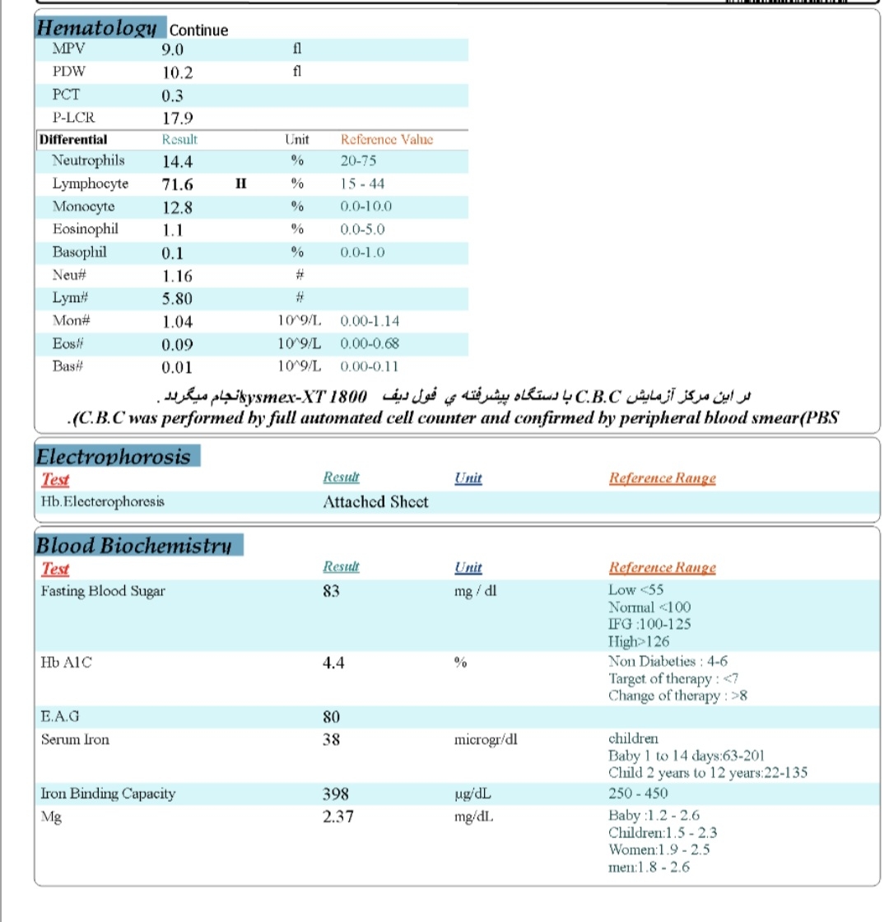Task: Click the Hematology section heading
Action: pyautogui.click(x=96, y=28)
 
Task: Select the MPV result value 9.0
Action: pyautogui.click(x=173, y=49)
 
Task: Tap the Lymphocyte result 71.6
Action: pyautogui.click(x=178, y=184)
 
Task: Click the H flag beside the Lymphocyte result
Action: pyautogui.click(x=241, y=184)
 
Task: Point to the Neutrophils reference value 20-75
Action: pyautogui.click(x=359, y=161)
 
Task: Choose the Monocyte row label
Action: pyautogui.click(x=83, y=207)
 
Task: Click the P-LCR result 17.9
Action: pyautogui.click(x=177, y=118)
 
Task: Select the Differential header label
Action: pyautogui.click(x=73, y=139)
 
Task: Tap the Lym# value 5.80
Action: pyautogui.click(x=179, y=299)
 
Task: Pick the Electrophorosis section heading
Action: pyautogui.click(x=113, y=457)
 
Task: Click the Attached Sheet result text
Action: pyautogui.click(x=375, y=501)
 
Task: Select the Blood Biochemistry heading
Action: pyautogui.click(x=134, y=545)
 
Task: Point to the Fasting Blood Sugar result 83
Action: pyautogui.click(x=332, y=590)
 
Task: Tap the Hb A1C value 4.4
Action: pyautogui.click(x=333, y=663)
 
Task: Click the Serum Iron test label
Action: pyautogui.click(x=75, y=739)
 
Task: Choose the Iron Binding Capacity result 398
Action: pyautogui.click(x=336, y=794)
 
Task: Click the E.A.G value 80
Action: pyautogui.click(x=332, y=717)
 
